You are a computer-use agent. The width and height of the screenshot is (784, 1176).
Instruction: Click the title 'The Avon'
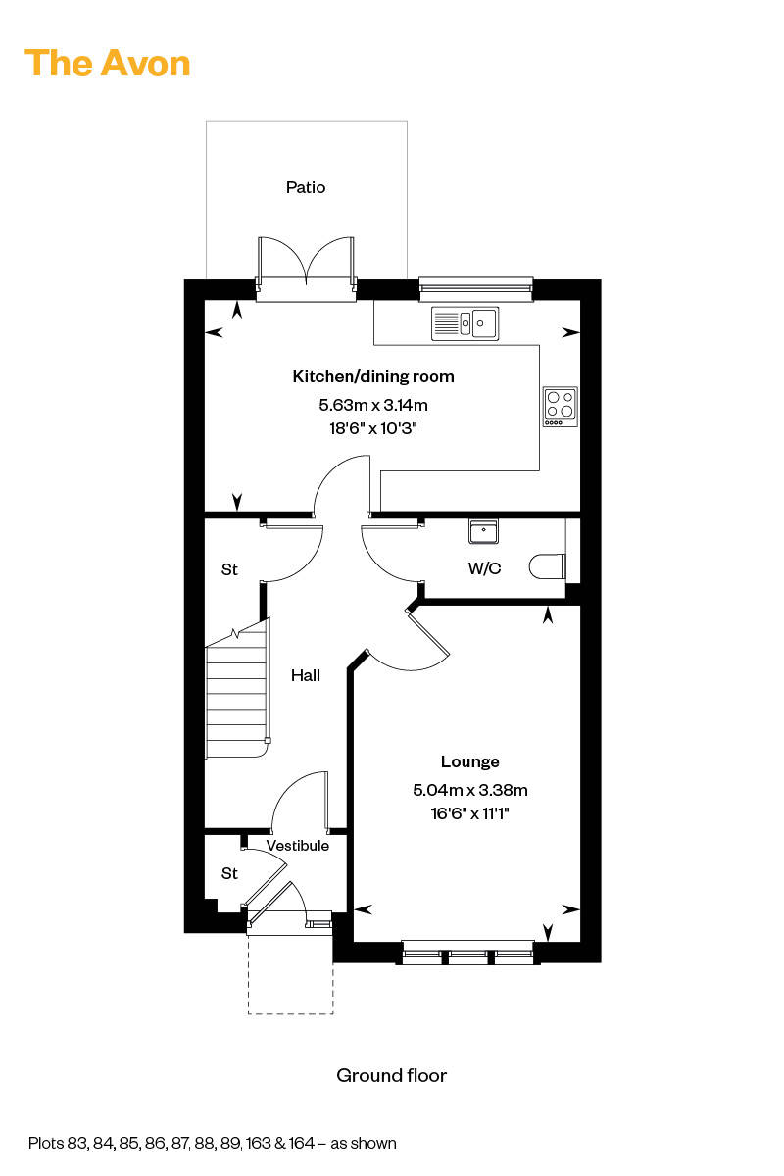pyautogui.click(x=107, y=63)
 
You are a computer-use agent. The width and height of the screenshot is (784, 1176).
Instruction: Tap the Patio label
pyautogui.click(x=306, y=187)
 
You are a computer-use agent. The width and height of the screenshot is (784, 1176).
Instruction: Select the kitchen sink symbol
pyautogui.click(x=465, y=323)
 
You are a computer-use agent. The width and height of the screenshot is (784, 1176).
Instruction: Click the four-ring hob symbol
pyautogui.click(x=560, y=407)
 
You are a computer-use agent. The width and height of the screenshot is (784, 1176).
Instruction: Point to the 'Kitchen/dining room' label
pyautogui.click(x=373, y=376)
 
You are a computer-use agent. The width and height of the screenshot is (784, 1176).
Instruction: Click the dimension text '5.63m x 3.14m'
pyautogui.click(x=373, y=405)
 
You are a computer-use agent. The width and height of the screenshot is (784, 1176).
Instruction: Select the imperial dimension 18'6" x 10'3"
pyautogui.click(x=373, y=428)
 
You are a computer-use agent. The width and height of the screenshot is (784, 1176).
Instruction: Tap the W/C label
pyautogui.click(x=485, y=568)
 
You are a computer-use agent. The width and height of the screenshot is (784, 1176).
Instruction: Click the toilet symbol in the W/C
pyautogui.click(x=548, y=567)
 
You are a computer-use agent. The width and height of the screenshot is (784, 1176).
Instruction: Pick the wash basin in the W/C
pyautogui.click(x=484, y=531)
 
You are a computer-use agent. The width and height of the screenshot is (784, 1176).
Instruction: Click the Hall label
pyautogui.click(x=306, y=675)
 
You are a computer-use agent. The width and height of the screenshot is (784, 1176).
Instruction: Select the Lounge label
pyautogui.click(x=470, y=761)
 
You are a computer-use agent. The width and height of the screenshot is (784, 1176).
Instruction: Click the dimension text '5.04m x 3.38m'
pyautogui.click(x=470, y=790)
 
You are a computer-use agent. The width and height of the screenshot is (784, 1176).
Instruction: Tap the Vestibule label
pyautogui.click(x=298, y=846)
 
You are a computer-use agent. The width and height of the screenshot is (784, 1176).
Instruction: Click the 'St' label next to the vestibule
pyautogui.click(x=229, y=873)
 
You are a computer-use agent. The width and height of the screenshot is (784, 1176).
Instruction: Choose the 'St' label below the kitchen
pyautogui.click(x=229, y=569)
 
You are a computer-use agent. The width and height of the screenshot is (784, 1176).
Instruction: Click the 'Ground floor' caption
pyautogui.click(x=392, y=1076)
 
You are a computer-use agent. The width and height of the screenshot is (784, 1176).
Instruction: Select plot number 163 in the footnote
pyautogui.click(x=258, y=1143)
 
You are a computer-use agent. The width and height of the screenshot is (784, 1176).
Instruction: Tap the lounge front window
pyautogui.click(x=467, y=953)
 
